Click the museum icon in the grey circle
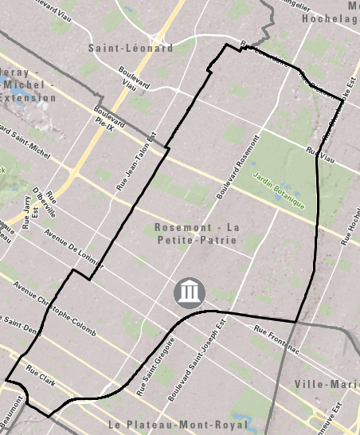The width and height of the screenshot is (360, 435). pos(189,293)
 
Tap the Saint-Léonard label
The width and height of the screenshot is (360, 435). pos(131,48)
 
